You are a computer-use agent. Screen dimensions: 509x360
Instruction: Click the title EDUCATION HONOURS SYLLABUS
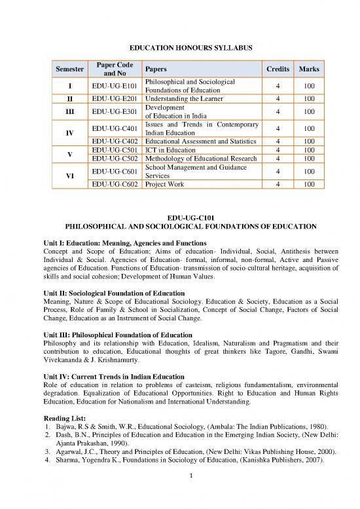[180, 48]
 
